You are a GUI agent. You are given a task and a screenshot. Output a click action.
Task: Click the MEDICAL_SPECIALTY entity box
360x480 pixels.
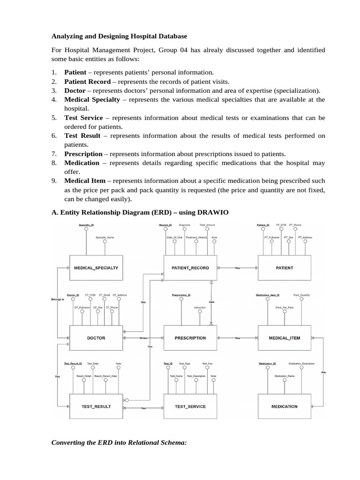click(x=96, y=268)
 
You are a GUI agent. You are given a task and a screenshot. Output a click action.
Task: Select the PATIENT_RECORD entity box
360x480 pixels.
click(x=190, y=268)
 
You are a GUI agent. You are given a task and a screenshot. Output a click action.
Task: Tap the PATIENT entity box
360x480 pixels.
click(x=284, y=268)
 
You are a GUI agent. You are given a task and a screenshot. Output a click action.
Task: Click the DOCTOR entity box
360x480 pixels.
click(x=96, y=337)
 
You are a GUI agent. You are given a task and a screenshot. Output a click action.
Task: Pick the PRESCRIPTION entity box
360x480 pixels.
click(x=190, y=337)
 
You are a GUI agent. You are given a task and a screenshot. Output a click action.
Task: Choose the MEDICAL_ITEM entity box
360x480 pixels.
click(x=284, y=337)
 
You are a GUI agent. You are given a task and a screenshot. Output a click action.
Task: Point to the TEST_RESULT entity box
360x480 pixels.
click(x=96, y=406)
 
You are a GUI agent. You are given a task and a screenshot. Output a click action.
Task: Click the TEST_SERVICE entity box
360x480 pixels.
click(x=190, y=406)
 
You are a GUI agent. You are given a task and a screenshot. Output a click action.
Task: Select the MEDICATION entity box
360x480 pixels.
click(x=284, y=406)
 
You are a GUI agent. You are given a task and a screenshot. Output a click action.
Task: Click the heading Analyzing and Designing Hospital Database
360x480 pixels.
click(x=119, y=36)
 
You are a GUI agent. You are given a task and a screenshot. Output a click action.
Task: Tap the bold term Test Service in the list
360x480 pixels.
click(x=83, y=118)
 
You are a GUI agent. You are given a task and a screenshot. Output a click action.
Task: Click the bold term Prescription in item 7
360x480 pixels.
click(x=83, y=154)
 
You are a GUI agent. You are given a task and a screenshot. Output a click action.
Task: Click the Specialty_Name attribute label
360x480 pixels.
click(x=105, y=238)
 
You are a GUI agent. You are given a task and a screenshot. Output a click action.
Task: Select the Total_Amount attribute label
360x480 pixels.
click(x=207, y=225)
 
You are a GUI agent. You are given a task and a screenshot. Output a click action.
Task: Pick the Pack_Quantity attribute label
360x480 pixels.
click(x=301, y=295)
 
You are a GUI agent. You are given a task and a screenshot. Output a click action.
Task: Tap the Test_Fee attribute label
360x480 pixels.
click(x=207, y=364)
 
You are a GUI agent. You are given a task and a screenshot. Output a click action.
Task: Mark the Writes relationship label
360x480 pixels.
click(x=143, y=338)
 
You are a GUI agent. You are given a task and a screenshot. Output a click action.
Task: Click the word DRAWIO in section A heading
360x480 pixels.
click(x=214, y=212)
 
